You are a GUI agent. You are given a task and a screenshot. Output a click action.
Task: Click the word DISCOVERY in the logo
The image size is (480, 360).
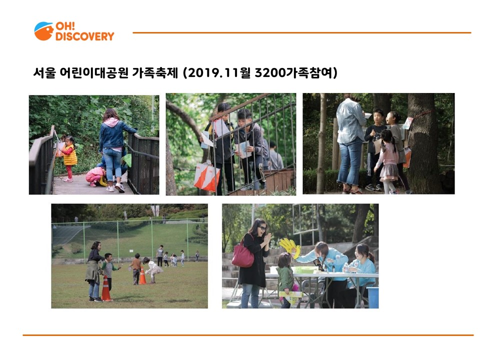click(x=84, y=36)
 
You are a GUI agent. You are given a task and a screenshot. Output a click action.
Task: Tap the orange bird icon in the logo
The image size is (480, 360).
click(x=44, y=31)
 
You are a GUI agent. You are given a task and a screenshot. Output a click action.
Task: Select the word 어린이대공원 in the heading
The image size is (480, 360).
click(x=93, y=73)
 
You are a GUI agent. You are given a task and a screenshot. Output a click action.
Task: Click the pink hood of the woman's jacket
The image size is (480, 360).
click(x=111, y=122)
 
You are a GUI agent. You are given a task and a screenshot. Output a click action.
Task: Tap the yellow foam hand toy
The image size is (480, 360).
click(x=290, y=246)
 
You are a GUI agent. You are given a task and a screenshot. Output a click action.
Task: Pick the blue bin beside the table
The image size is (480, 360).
click(x=372, y=297)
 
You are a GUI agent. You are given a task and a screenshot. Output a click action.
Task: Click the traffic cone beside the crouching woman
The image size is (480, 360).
click(x=105, y=288)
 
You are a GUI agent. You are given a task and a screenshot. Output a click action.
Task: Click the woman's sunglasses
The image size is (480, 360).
click(x=261, y=228)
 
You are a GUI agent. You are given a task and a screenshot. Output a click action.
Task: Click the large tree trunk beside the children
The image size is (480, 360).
click(x=424, y=143)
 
